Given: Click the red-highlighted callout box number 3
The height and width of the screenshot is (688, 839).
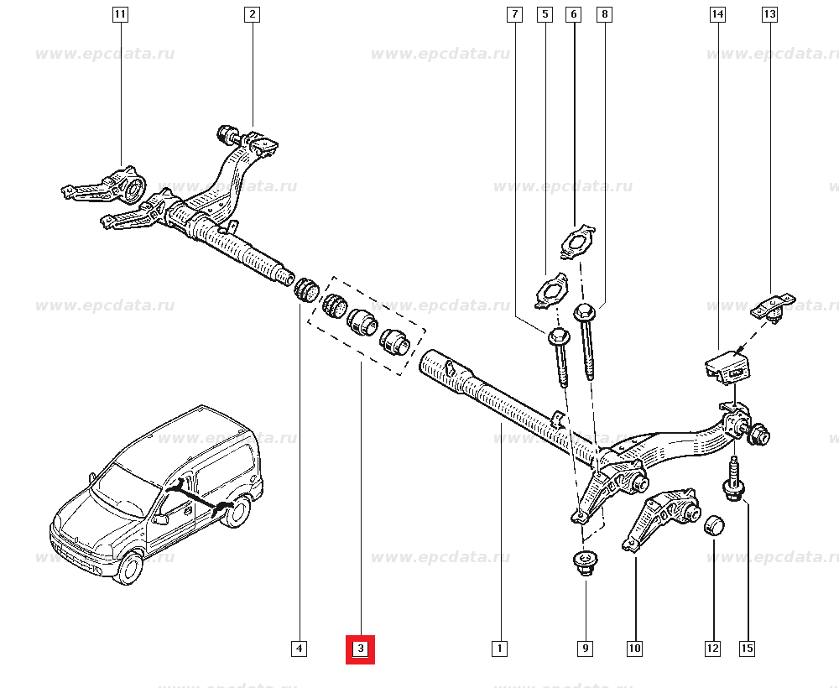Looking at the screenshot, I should click(x=360, y=649).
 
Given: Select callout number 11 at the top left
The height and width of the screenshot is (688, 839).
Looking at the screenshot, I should click(x=120, y=14).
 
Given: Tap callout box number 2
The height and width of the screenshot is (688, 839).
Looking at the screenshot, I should click(x=252, y=14).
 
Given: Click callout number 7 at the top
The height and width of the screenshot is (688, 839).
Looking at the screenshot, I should click(x=514, y=14).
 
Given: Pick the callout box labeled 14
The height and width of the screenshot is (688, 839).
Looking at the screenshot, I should click(x=717, y=14).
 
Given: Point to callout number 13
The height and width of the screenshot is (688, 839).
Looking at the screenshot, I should click(x=769, y=14).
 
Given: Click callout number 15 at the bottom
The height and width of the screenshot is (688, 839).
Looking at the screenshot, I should click(x=747, y=648).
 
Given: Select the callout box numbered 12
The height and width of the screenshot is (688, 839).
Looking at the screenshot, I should click(x=712, y=648).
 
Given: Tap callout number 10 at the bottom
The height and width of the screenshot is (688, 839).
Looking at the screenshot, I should click(x=634, y=648).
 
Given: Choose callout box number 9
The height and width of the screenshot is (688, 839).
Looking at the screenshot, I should click(x=585, y=648).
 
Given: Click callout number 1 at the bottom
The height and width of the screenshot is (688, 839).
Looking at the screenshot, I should click(x=499, y=648).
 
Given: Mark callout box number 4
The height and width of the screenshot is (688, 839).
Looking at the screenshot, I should click(x=300, y=648).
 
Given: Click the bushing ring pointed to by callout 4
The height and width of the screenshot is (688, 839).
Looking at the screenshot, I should click(x=305, y=290).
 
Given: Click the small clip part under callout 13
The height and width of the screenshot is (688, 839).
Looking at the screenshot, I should click(x=772, y=306).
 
